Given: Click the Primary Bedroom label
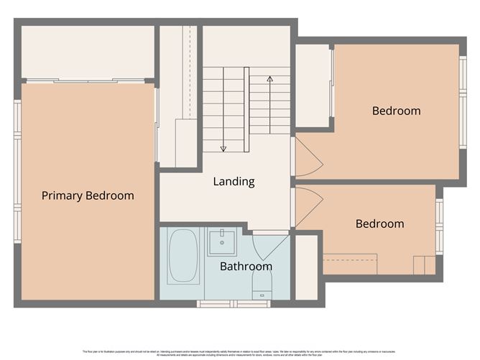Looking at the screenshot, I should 88,195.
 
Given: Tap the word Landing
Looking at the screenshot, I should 234,182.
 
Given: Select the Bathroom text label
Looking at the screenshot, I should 246,267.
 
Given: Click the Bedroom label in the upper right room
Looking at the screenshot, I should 396,111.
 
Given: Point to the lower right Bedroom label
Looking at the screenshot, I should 379,223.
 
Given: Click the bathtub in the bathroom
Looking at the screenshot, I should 183,257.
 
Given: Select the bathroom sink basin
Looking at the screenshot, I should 222,242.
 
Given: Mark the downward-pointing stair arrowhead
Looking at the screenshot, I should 223,148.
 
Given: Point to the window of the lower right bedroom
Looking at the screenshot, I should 439,226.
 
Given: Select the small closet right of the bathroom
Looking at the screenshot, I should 306,267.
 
